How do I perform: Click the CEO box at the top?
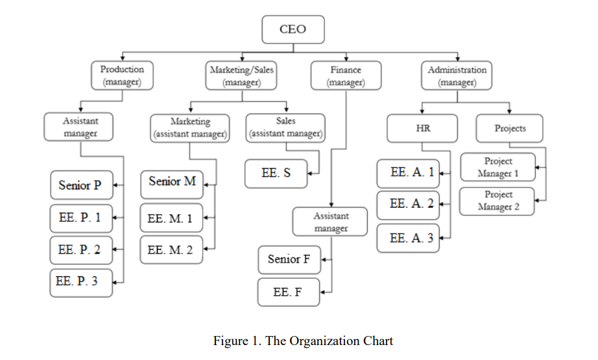point(292,29)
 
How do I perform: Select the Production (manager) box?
point(122,75)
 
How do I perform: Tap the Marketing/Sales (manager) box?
point(241,75)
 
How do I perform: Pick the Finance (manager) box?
point(345,75)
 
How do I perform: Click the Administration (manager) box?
point(457,75)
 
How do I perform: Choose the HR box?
point(422,128)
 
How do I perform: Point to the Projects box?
point(510,128)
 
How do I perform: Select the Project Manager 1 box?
point(497,167)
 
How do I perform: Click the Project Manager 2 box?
point(497,200)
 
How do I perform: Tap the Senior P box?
point(80,186)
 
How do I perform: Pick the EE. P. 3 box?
point(80,282)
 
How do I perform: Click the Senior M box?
point(172,182)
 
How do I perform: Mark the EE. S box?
point(276,174)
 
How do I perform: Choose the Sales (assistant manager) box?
point(285,128)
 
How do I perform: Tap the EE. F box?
point(287,293)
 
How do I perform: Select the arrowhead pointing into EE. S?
point(310,173)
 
